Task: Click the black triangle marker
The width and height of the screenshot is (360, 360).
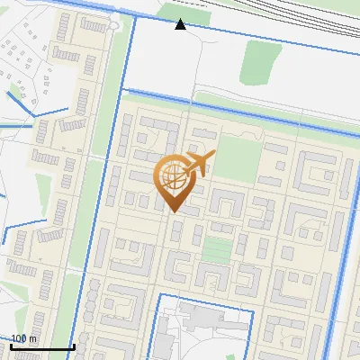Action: tap(180, 24)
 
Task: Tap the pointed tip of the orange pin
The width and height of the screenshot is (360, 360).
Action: tap(174, 211)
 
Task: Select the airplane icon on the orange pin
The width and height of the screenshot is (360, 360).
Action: tap(200, 161)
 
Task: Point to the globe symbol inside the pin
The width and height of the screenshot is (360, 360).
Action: tap(173, 176)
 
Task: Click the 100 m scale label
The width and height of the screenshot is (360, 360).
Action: tap(24, 338)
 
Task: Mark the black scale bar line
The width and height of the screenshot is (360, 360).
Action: tap(41, 346)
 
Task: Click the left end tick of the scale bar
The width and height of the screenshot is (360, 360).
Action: tap(11, 345)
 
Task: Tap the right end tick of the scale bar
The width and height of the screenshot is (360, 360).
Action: tap(73, 345)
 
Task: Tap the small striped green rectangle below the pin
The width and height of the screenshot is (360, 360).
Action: tap(216, 248)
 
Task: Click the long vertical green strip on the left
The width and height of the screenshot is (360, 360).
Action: tap(106, 135)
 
